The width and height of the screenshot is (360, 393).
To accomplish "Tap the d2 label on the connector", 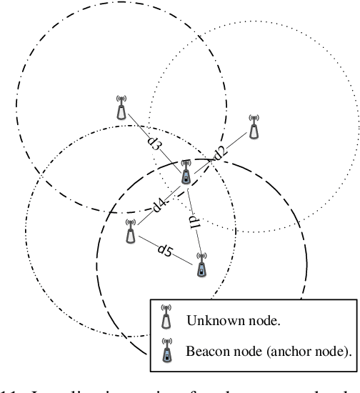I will pos(219,151).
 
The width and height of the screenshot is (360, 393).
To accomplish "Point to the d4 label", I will pos(161,207).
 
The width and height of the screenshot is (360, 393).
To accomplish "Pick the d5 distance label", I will pos(165,250).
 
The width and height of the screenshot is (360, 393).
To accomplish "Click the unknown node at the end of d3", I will pos(121,109).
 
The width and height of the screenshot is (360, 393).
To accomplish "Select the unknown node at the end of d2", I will pos(254,126).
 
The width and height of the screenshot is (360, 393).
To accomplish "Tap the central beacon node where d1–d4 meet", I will pos(186,171).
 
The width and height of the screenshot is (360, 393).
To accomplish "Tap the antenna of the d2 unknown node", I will pos(254,117).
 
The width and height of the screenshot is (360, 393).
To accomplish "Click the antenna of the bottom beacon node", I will pos(201,256).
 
